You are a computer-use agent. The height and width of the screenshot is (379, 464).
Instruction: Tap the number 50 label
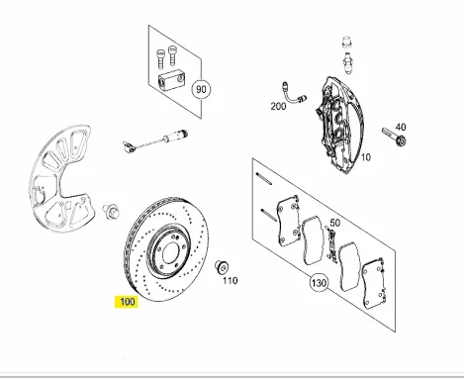tap(335, 225)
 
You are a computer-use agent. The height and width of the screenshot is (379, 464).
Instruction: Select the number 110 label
tap(230, 281)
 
